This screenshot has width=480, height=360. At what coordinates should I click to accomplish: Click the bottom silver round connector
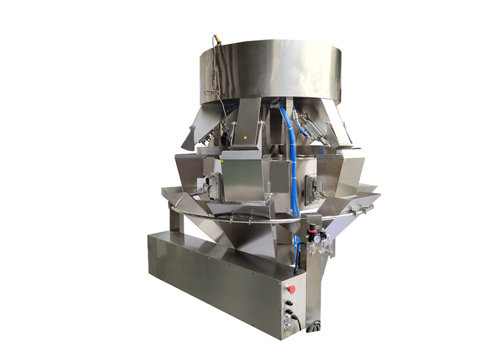[x=287, y=327]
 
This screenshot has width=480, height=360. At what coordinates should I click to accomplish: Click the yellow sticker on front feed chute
[x=243, y=136]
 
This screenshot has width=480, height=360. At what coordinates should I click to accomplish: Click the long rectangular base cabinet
[x=211, y=281]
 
